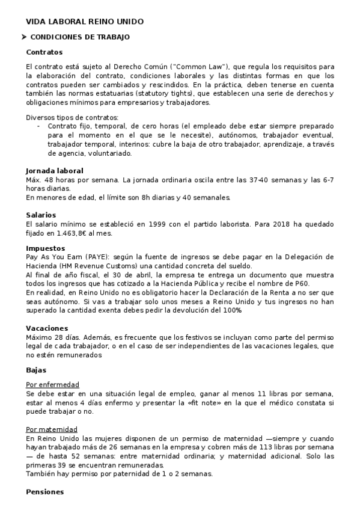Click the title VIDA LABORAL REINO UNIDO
(85, 22)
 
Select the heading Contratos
(44, 52)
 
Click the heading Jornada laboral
(55, 171)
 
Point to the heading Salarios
(41, 215)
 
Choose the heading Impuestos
(46, 248)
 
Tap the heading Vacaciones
(47, 328)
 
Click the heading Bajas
(36, 370)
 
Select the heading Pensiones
(45, 492)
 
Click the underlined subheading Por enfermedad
(53, 384)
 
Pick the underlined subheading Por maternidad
(52, 429)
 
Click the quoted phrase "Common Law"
(199, 65)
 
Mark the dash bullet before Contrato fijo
(38, 126)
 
